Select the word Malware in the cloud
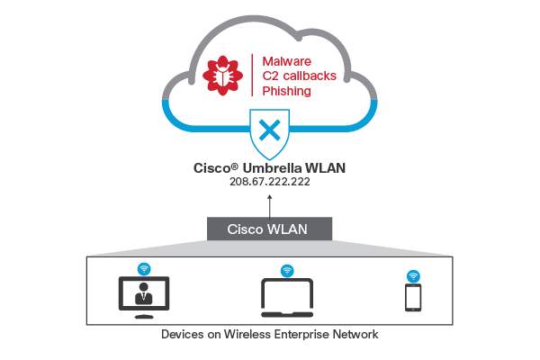pos(280,60)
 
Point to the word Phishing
pos(285,91)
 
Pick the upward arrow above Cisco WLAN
pos(270,202)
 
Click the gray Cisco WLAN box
pos(270,228)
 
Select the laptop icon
pos(288,298)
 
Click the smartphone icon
pos(413,298)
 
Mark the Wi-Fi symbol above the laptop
pos(287,269)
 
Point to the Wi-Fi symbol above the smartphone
pos(413,274)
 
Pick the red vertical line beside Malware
pos(251,76)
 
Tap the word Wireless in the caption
pos(256,335)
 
